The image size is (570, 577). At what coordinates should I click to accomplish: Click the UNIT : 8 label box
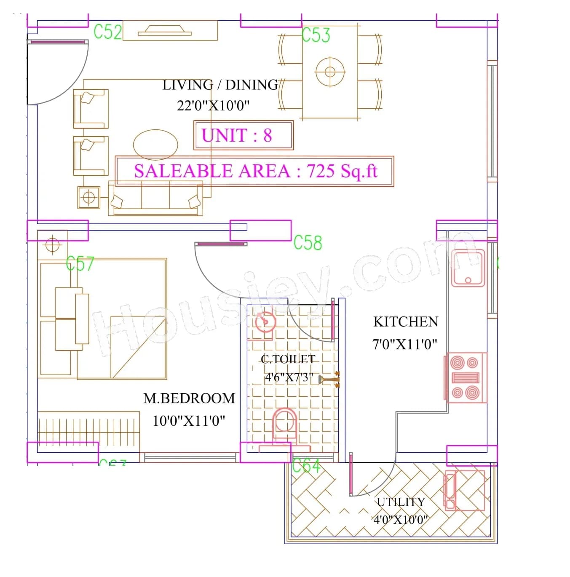(243, 135)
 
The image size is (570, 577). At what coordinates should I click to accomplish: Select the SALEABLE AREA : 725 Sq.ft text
(255, 171)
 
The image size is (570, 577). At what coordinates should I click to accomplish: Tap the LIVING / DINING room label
(220, 85)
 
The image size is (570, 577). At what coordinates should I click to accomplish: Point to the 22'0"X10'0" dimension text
(213, 105)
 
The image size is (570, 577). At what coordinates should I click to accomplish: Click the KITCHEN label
(405, 322)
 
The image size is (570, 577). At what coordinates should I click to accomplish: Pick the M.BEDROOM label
(189, 398)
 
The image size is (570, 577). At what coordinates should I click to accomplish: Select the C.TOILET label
(288, 360)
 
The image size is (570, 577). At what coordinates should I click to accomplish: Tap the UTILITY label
(401, 502)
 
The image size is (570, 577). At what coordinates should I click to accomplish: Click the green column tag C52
(107, 32)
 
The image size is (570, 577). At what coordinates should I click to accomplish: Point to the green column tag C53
(316, 35)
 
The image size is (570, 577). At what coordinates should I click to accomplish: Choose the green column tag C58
(308, 243)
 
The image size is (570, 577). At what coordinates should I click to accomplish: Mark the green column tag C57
(80, 264)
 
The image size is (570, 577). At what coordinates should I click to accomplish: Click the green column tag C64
(306, 466)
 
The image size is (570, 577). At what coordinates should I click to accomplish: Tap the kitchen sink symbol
(468, 268)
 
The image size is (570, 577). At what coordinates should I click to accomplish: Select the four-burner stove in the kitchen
(466, 378)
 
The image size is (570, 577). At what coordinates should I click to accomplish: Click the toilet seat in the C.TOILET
(285, 424)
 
